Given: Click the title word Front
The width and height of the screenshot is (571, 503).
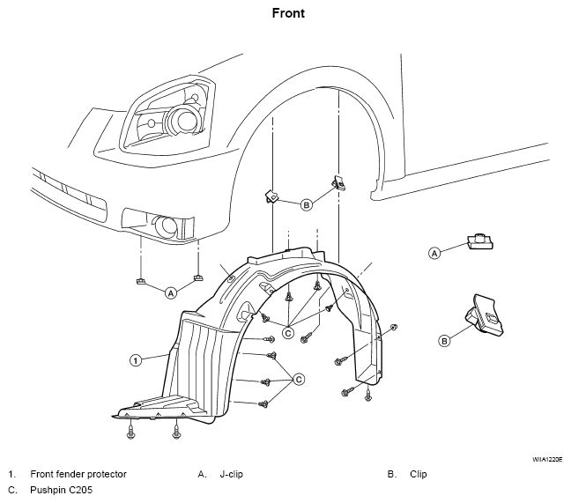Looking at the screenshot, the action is click(288, 13).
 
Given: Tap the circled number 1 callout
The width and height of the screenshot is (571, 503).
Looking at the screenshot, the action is click(136, 360).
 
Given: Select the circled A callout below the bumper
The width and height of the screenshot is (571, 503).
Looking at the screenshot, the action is click(171, 292).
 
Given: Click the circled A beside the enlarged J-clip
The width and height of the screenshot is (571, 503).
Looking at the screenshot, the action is click(434, 253).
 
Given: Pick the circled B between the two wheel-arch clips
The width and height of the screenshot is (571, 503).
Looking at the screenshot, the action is click(307, 205).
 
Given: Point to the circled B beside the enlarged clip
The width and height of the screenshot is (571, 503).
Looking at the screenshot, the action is click(444, 341).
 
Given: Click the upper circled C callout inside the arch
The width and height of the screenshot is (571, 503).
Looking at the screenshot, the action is click(288, 333).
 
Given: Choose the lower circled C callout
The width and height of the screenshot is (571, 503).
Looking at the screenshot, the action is click(299, 380).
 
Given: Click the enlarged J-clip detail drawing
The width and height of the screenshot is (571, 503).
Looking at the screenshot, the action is click(480, 241).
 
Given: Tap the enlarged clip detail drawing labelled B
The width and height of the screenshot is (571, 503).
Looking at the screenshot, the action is click(485, 314).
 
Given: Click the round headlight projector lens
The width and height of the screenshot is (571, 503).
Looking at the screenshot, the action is click(185, 120).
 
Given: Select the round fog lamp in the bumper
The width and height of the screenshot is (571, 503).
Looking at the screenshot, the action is click(166, 225).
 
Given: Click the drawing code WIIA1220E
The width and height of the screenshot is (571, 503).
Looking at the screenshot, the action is click(548, 459).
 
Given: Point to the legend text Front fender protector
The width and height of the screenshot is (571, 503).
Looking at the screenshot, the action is click(78, 474).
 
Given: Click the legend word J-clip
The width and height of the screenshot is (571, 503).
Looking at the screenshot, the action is click(231, 474).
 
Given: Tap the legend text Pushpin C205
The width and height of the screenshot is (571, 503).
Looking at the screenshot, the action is click(61, 490).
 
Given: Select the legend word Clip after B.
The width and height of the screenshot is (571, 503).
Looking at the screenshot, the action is click(418, 474).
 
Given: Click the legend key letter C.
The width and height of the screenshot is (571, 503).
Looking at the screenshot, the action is click(12, 490).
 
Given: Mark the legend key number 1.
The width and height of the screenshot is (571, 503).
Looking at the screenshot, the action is click(11, 474).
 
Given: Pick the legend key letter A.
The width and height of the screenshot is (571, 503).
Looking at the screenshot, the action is click(202, 474).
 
